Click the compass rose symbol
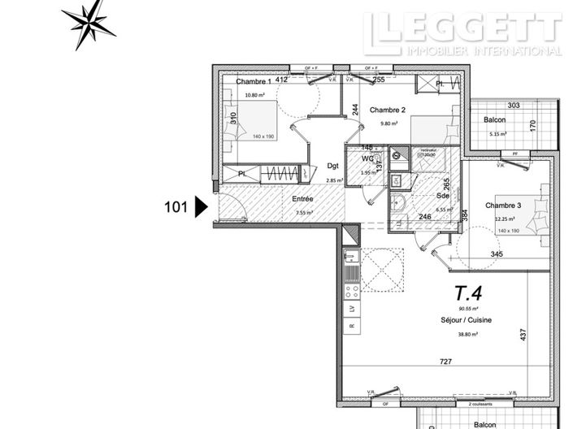(89, 23)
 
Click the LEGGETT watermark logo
(462, 33)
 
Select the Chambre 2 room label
(388, 109)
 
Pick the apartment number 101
(177, 207)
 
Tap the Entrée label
(281, 198)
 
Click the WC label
(368, 158)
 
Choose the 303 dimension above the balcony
(513, 106)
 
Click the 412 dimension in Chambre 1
(282, 80)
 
